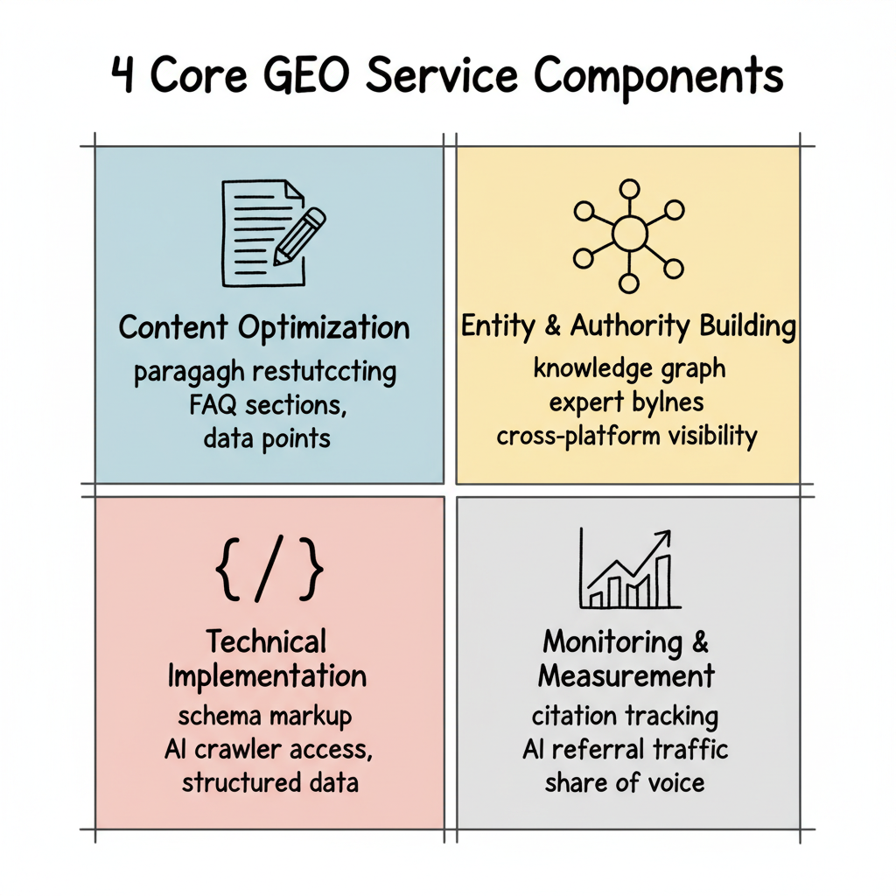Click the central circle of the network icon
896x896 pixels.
pyautogui.click(x=628, y=234)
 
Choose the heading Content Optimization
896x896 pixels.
pyautogui.click(x=264, y=328)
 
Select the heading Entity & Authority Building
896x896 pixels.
pyautogui.click(x=628, y=326)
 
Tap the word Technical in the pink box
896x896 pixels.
pyautogui.click(x=267, y=641)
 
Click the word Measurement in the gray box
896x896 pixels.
pyautogui.click(x=626, y=675)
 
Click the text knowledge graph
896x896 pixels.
pyautogui.click(x=629, y=368)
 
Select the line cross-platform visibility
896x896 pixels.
pyautogui.click(x=626, y=436)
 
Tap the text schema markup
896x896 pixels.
pyautogui.click(x=265, y=716)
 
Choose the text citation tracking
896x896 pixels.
pyautogui.click(x=625, y=717)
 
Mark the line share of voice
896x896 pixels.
pyautogui.click(x=625, y=782)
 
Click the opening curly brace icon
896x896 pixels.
pyautogui.click(x=227, y=570)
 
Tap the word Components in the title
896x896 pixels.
pyautogui.click(x=659, y=77)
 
